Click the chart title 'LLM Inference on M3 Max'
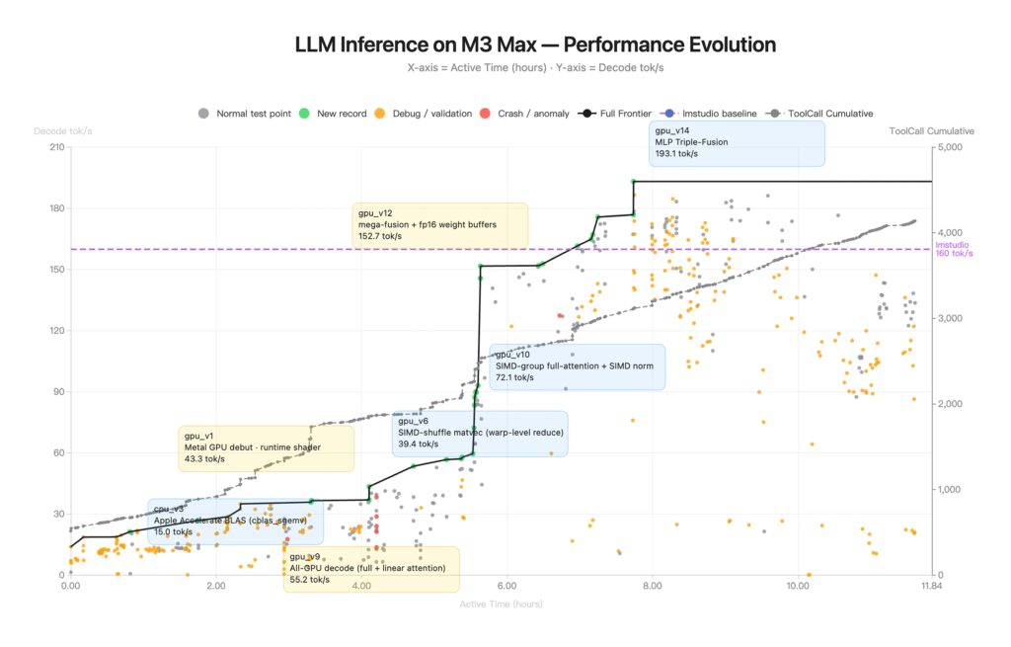(535, 45)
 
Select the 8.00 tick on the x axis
(652, 587)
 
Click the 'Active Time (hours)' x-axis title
(501, 604)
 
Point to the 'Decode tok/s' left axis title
(63, 131)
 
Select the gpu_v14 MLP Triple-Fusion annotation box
(737, 142)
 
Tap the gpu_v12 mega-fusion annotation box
(440, 225)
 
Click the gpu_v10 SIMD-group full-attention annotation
(577, 366)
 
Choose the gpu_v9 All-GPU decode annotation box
(370, 569)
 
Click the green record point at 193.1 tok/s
(633, 182)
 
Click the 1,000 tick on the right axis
(950, 490)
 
